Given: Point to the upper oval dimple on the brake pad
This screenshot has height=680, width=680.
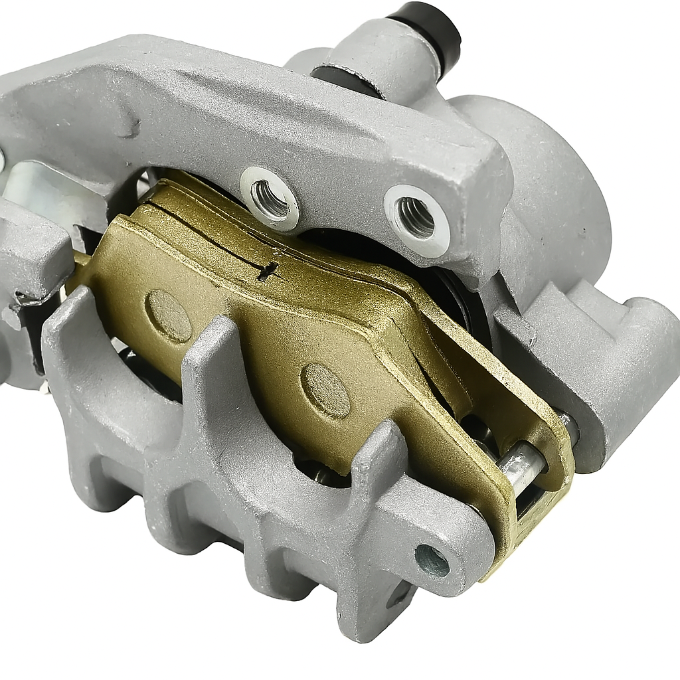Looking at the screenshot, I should tap(169, 315).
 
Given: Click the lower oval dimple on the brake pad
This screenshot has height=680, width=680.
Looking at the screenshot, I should tap(325, 390).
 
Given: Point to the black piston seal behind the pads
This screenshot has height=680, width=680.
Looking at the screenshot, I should tap(458, 292).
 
